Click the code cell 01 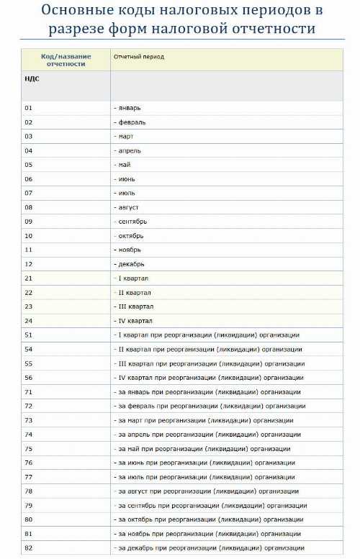(29, 108)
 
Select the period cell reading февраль (132, 122)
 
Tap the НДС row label (32, 79)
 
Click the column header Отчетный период (139, 56)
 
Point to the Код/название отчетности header (66, 60)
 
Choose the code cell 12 (29, 264)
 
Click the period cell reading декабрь (132, 264)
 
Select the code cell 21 (29, 278)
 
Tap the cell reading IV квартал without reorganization (134, 321)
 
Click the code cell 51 (29, 335)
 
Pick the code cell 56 (29, 377)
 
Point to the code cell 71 (29, 391)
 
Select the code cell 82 (29, 548)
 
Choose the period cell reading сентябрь (133, 222)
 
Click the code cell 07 (29, 193)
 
